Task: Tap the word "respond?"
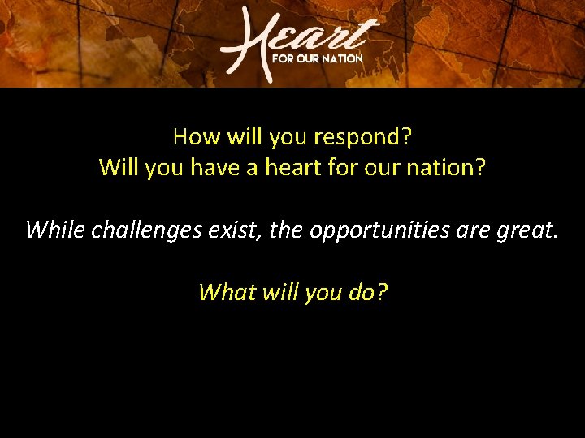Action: click(364, 137)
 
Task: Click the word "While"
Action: click(54, 230)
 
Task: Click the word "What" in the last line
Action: click(227, 291)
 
